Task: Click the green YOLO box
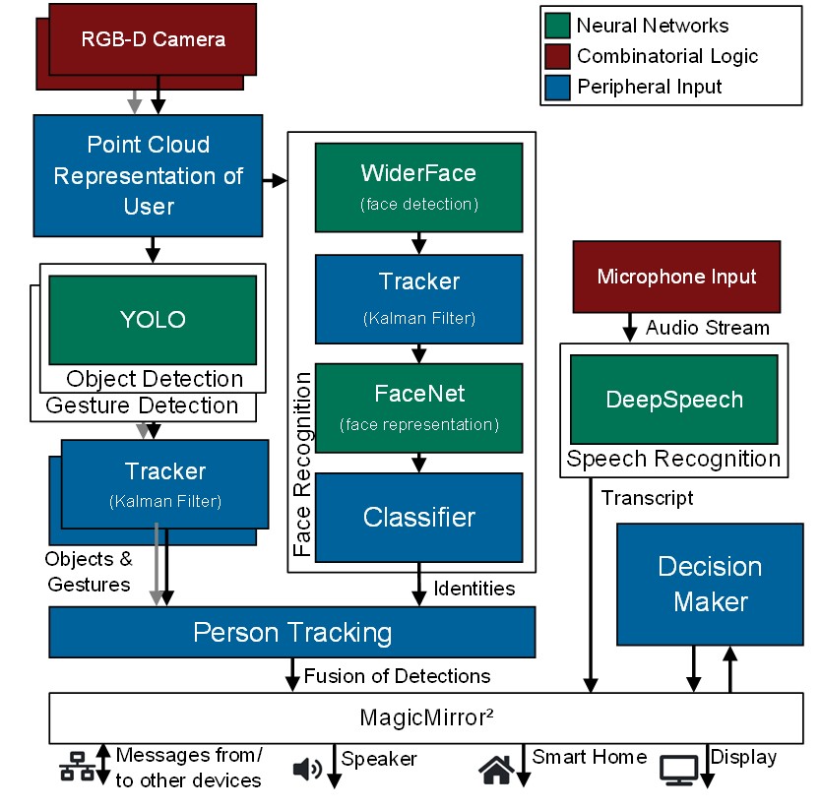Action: click(152, 320)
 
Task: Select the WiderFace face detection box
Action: click(418, 187)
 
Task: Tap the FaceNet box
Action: click(418, 407)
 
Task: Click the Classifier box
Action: click(418, 518)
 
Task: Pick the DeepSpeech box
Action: click(673, 401)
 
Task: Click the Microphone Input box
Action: click(676, 277)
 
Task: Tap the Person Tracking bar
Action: click(291, 632)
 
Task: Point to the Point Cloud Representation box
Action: click(148, 175)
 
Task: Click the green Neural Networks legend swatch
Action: click(557, 26)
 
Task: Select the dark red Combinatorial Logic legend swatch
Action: click(557, 56)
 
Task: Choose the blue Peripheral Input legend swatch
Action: click(557, 87)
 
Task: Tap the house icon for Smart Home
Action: click(496, 769)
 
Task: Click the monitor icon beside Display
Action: click(678, 770)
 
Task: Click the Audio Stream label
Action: click(707, 328)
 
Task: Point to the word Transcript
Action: click(647, 498)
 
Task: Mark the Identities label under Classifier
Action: click(474, 589)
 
